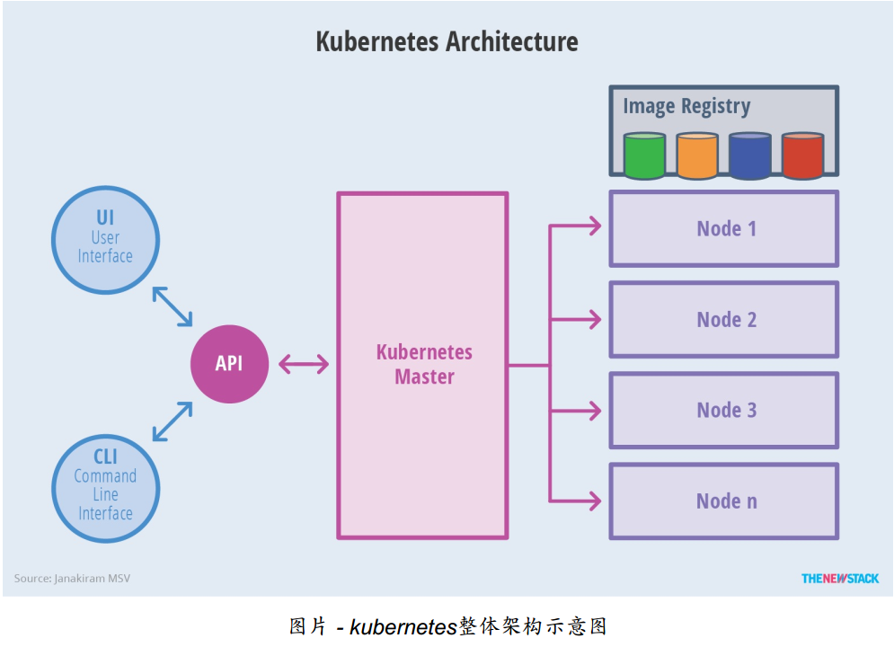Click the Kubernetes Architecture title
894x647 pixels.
[x=447, y=41]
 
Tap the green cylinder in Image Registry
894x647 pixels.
[x=644, y=155]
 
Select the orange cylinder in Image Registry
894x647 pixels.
[x=697, y=155]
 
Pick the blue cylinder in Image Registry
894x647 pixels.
[x=749, y=155]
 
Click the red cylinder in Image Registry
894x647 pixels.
[x=802, y=155]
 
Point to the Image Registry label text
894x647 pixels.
[x=686, y=106]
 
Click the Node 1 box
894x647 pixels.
[x=724, y=228]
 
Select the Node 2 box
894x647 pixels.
[x=724, y=320]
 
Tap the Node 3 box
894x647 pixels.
[x=724, y=411]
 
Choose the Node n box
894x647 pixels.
[x=724, y=501]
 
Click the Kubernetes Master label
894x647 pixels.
[x=424, y=364]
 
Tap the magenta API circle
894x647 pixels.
[x=229, y=364]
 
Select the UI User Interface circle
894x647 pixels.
[x=106, y=238]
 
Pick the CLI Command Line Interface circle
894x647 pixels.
[x=106, y=489]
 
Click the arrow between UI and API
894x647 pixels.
[x=173, y=306]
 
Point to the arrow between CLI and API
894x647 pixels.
[x=173, y=421]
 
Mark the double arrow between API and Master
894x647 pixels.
[x=304, y=364]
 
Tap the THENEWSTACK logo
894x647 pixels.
[x=840, y=579]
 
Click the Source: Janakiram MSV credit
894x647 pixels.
[x=72, y=579]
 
